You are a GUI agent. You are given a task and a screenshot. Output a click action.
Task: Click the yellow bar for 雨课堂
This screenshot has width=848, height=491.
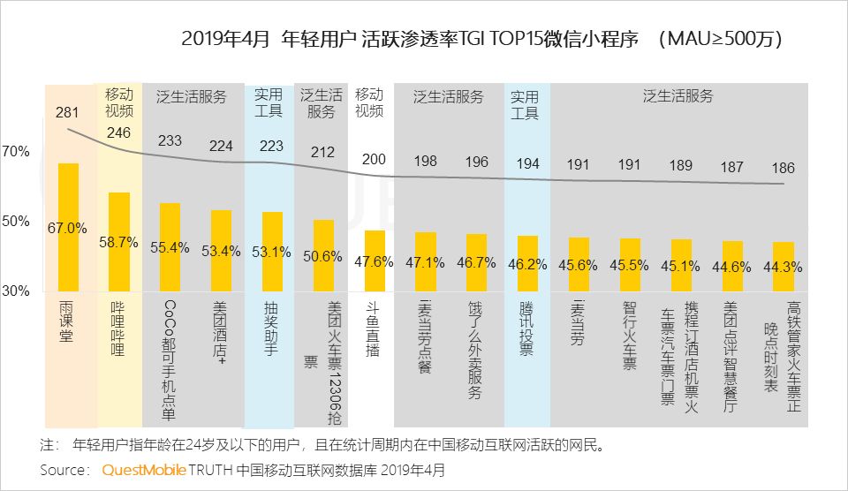67,227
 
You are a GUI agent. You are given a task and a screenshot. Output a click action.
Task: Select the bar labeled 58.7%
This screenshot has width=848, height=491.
118,241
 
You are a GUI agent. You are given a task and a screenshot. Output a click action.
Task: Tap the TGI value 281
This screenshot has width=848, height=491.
67,113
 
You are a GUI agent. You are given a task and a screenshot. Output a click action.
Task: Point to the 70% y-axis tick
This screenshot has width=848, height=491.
15,152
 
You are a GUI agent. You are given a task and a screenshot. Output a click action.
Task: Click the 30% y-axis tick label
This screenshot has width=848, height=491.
15,291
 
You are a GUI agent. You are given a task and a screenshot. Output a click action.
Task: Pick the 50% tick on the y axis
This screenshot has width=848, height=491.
15,221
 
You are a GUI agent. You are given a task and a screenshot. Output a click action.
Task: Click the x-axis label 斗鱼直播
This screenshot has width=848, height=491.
374,329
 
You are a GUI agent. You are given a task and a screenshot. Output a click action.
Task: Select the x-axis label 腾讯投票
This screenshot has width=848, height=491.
526,329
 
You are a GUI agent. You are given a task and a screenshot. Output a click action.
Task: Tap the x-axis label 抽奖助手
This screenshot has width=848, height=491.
272,329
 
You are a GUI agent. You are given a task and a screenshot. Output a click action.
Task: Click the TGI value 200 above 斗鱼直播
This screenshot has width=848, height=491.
374,159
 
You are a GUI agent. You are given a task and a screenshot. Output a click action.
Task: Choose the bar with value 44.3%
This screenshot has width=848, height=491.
784,266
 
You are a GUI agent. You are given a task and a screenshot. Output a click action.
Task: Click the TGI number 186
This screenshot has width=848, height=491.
783,168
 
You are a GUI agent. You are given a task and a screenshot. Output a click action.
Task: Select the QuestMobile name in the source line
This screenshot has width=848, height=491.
143,470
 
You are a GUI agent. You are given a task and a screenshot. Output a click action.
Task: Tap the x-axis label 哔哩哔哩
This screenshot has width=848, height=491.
118,329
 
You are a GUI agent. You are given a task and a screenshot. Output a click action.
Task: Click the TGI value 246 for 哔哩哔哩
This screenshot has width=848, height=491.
118,132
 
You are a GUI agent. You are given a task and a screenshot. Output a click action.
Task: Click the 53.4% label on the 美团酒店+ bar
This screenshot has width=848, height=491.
221,251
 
